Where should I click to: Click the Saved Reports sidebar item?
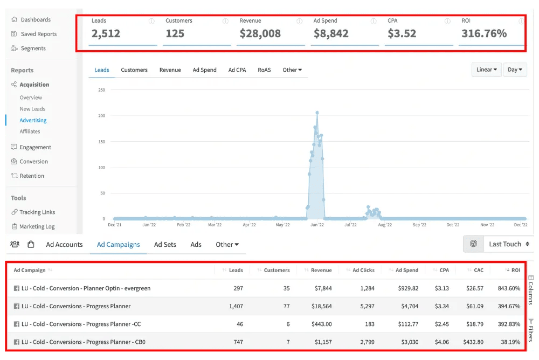coord(33,34)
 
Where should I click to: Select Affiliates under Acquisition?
coord(30,131)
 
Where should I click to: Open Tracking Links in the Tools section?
coord(33,212)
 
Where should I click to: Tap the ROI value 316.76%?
coord(484,33)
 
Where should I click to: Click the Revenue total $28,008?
coord(260,33)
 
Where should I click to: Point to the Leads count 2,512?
coord(106,33)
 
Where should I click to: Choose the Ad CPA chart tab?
coord(237,70)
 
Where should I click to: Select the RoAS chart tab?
coord(264,70)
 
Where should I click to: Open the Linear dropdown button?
coord(486,70)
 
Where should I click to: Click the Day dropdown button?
coord(515,70)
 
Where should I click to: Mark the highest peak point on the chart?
coord(317,113)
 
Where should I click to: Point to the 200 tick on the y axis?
coord(102,116)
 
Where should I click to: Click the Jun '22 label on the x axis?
coord(317,225)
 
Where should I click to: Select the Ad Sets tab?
coord(165,245)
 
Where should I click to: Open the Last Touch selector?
coord(509,244)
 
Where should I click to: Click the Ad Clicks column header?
coord(363,270)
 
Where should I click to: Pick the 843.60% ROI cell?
coord(509,288)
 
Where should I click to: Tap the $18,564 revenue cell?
coord(321,306)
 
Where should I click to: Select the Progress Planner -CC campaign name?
coord(81,324)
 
